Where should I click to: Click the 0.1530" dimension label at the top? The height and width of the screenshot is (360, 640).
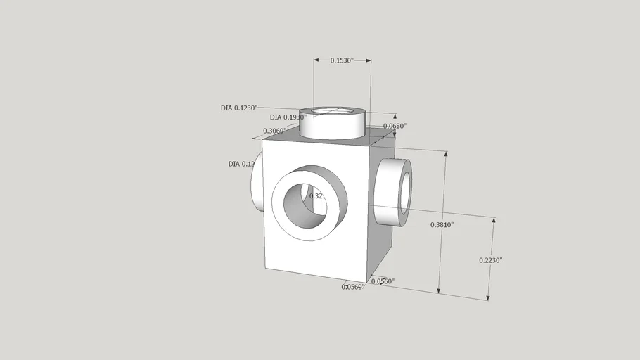click(342, 60)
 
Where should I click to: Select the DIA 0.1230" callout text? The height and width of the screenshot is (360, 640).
click(239, 108)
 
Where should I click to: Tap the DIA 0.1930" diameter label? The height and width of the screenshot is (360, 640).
click(288, 117)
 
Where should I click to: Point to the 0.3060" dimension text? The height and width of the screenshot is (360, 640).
click(274, 131)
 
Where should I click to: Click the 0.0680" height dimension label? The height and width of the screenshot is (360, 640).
click(395, 126)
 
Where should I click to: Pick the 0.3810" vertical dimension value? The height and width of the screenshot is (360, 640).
click(442, 225)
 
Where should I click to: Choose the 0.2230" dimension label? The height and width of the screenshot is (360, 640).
click(490, 260)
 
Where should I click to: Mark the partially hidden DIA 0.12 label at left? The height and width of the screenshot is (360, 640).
click(241, 164)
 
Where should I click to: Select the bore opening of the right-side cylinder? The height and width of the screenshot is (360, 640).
click(405, 192)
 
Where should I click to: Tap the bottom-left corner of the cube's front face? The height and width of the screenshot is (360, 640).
click(265, 269)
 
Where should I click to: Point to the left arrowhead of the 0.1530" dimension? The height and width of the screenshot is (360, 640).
click(315, 60)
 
